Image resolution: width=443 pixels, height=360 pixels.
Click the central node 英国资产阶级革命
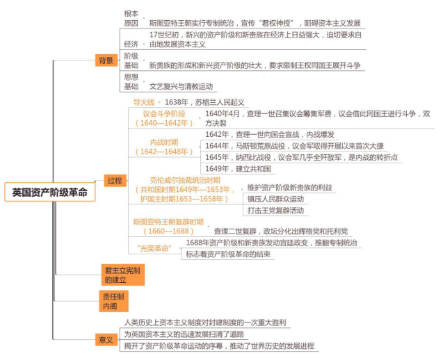(x=50, y=192)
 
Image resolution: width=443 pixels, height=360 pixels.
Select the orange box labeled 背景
(x=106, y=60)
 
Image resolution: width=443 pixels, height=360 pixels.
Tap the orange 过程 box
(x=115, y=181)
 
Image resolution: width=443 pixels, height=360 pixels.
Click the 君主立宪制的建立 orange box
(x=123, y=275)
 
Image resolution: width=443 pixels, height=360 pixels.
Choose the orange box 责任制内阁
(x=113, y=301)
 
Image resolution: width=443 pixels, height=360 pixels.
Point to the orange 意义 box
(x=106, y=339)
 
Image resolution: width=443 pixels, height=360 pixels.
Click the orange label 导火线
(x=144, y=102)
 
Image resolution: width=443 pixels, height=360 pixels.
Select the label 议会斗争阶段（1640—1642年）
(x=164, y=118)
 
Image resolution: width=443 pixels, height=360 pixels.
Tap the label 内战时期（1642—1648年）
(x=164, y=147)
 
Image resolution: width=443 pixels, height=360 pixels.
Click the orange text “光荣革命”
(x=154, y=249)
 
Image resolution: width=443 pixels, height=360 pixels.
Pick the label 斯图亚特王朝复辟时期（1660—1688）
(x=168, y=227)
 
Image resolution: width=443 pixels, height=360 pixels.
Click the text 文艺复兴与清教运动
(x=181, y=86)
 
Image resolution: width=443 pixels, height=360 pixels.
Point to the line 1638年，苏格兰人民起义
(x=204, y=102)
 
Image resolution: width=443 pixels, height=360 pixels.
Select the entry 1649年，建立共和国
(x=238, y=169)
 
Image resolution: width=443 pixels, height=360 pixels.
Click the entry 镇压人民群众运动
(x=275, y=199)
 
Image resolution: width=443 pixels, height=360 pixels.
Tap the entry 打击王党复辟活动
(x=275, y=211)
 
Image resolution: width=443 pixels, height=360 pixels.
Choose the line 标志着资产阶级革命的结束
(x=228, y=254)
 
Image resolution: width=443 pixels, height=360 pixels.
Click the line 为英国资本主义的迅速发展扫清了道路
(x=184, y=334)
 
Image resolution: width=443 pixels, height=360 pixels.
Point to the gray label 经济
(x=131, y=44)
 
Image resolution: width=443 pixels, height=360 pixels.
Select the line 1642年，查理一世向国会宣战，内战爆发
(x=270, y=134)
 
